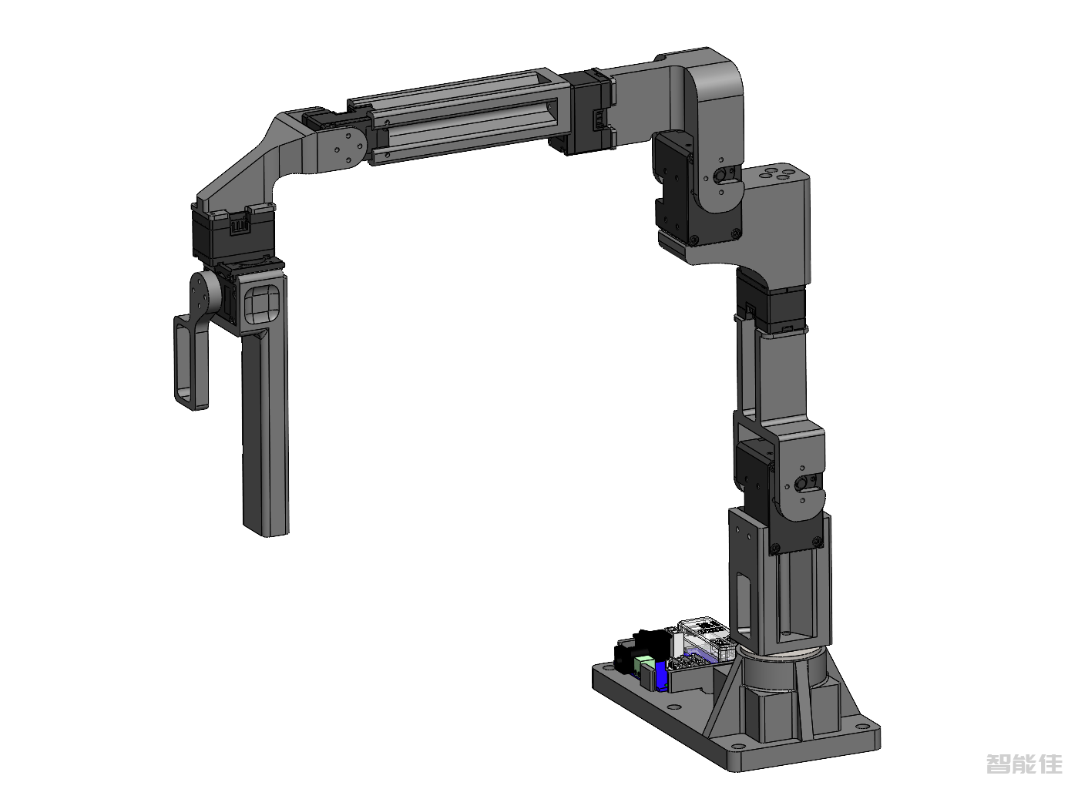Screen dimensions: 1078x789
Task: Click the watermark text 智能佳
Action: click(1023, 764)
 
